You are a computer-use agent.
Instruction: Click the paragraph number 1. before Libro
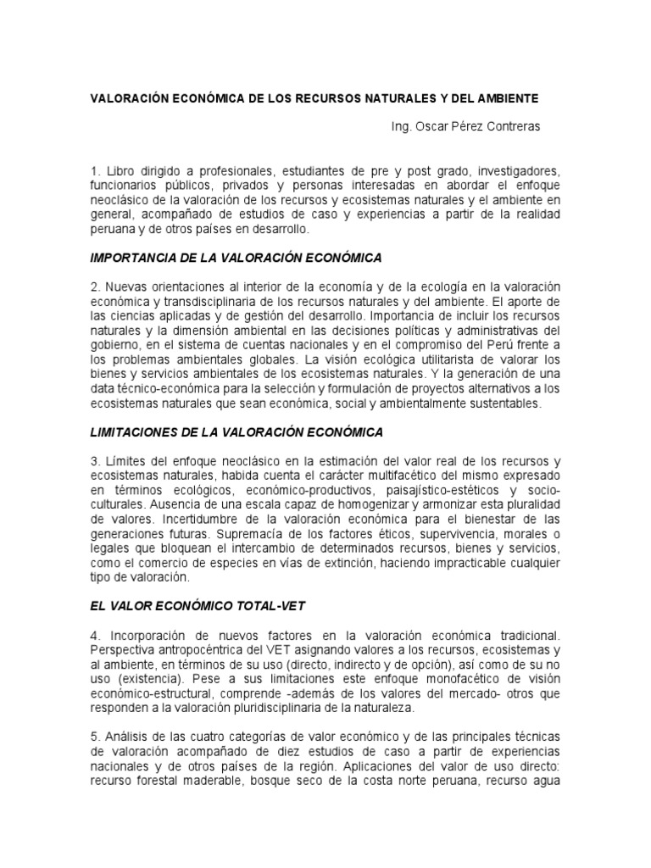(x=95, y=172)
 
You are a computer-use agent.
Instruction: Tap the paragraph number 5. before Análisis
(x=95, y=737)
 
